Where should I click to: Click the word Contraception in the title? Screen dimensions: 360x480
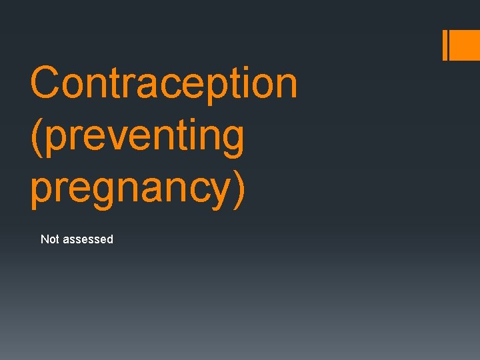(x=163, y=83)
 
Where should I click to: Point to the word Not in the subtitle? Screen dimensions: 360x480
(x=50, y=239)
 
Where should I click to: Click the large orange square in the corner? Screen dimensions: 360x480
(x=465, y=45)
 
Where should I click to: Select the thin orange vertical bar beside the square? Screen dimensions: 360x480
(x=445, y=45)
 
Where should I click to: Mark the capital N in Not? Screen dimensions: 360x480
(x=45, y=239)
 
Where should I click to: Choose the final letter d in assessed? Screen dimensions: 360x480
(x=110, y=239)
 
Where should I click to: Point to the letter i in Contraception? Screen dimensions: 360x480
(x=245, y=83)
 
